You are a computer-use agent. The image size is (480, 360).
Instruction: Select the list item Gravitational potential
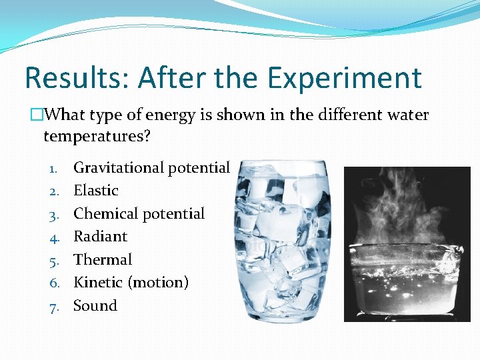pos(151,168)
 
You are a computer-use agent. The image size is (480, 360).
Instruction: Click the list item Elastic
pos(95,191)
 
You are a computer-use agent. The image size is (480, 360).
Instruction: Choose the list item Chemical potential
pos(139,214)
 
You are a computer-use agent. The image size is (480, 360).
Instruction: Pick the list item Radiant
pos(100,237)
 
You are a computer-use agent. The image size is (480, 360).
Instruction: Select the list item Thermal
pos(103,260)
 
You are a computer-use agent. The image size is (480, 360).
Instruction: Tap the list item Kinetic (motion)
pos(131,283)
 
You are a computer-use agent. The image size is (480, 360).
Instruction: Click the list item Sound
pos(95,306)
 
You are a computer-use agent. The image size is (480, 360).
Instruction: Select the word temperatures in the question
pos(97,137)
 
